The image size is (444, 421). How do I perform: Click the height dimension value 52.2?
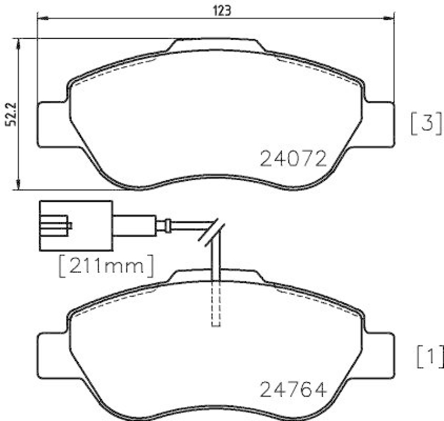[x=9, y=115]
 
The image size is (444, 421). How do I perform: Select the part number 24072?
[x=292, y=160]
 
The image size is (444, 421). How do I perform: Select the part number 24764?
[x=292, y=390]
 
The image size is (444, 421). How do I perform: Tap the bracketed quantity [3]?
[x=426, y=123]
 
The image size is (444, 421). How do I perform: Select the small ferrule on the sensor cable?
[x=163, y=225]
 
